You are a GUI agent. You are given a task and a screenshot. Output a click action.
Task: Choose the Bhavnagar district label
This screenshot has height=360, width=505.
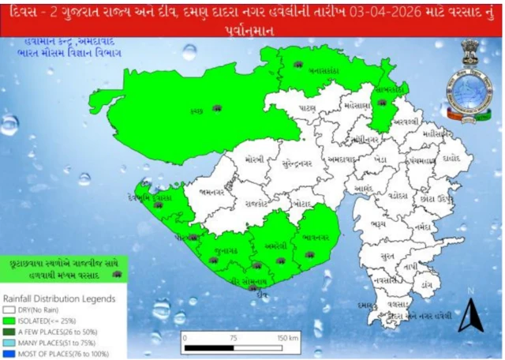point(318,235)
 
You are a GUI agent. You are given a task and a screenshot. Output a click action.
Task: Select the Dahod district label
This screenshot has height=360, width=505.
point(454,158)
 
